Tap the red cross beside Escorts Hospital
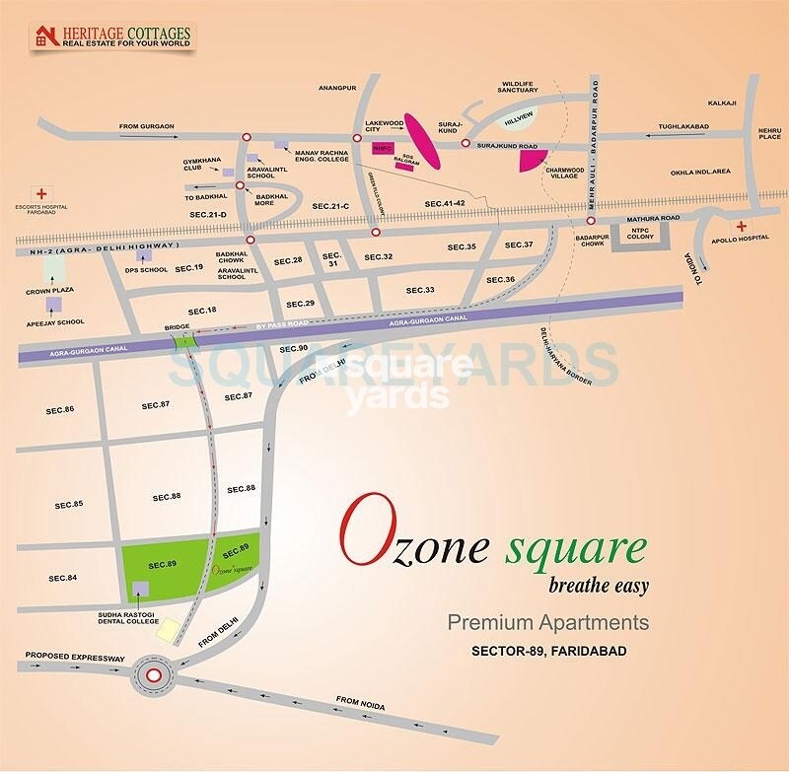pos(41,192)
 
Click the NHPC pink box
pos(383,149)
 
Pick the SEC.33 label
pos(420,291)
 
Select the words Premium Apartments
pos(548,622)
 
